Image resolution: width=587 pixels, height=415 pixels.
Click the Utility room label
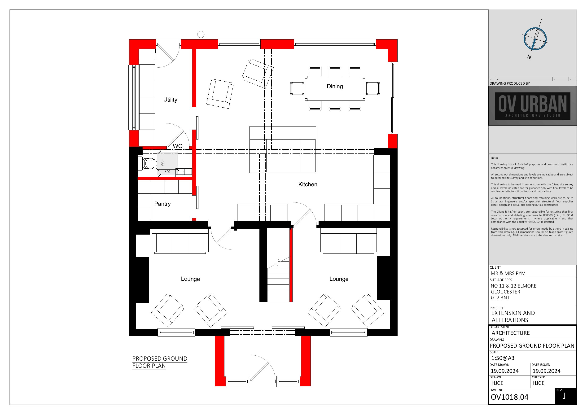point(170,100)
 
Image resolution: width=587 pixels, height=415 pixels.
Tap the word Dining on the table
point(335,86)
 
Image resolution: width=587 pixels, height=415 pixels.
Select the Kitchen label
point(308,184)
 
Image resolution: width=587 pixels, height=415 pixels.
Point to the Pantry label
point(162,204)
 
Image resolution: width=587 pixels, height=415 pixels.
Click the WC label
point(177,146)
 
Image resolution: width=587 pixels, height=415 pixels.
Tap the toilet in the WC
point(148,163)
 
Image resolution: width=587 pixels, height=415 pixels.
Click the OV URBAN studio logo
point(533,106)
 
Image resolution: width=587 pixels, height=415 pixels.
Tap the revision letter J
point(564,396)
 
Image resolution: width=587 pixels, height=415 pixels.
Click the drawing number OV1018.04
point(509,397)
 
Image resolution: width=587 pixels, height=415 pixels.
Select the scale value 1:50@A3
point(503,358)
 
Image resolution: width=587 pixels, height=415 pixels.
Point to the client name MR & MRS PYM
point(508,273)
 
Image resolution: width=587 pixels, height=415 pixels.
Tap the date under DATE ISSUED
point(547,371)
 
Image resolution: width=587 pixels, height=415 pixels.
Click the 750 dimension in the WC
point(167,172)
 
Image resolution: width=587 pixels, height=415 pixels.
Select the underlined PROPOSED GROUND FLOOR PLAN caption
point(160,362)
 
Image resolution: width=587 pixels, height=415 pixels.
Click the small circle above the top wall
point(201,34)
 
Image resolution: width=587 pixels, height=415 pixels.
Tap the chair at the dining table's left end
point(297,88)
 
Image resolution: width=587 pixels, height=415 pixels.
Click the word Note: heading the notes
point(494,158)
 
